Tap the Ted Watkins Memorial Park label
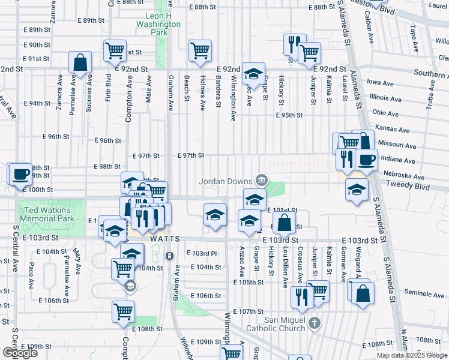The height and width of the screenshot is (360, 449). coord(47,215)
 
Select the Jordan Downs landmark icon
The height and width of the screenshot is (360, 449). coord(261,179)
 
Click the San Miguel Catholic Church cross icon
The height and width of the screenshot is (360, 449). coord(315,325)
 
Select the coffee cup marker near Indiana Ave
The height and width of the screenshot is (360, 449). coord(366,160)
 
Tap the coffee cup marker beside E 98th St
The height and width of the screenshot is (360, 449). coord(20,173)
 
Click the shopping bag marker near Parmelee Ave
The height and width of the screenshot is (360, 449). coord(80,62)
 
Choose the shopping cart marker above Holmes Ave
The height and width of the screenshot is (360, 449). coord(200,50)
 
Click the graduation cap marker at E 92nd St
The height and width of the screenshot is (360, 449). coord(253,73)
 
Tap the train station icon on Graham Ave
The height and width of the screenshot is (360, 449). coord(170,256)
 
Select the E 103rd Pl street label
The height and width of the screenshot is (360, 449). coord(201,253)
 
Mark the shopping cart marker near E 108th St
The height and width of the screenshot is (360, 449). coord(123,311)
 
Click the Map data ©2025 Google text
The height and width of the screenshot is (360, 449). coord(411,355)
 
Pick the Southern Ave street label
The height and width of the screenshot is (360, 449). coord(430,74)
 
